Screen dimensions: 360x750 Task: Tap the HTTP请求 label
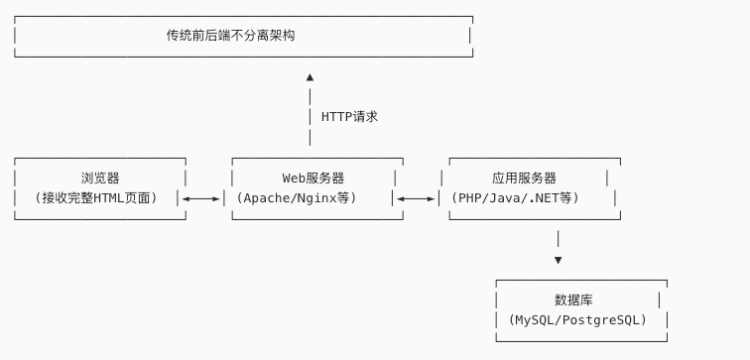(349, 117)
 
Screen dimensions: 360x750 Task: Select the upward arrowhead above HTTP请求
(311, 76)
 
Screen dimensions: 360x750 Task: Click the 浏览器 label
(100, 179)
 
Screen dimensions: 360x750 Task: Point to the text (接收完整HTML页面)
(96, 198)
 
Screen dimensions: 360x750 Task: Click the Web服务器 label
(313, 179)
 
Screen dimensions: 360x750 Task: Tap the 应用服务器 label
(524, 179)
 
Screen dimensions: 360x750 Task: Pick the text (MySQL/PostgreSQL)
(576, 320)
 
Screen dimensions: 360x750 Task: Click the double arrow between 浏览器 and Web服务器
(202, 198)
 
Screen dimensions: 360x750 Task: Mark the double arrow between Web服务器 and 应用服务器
(417, 198)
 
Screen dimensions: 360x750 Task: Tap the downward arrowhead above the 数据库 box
(559, 260)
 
